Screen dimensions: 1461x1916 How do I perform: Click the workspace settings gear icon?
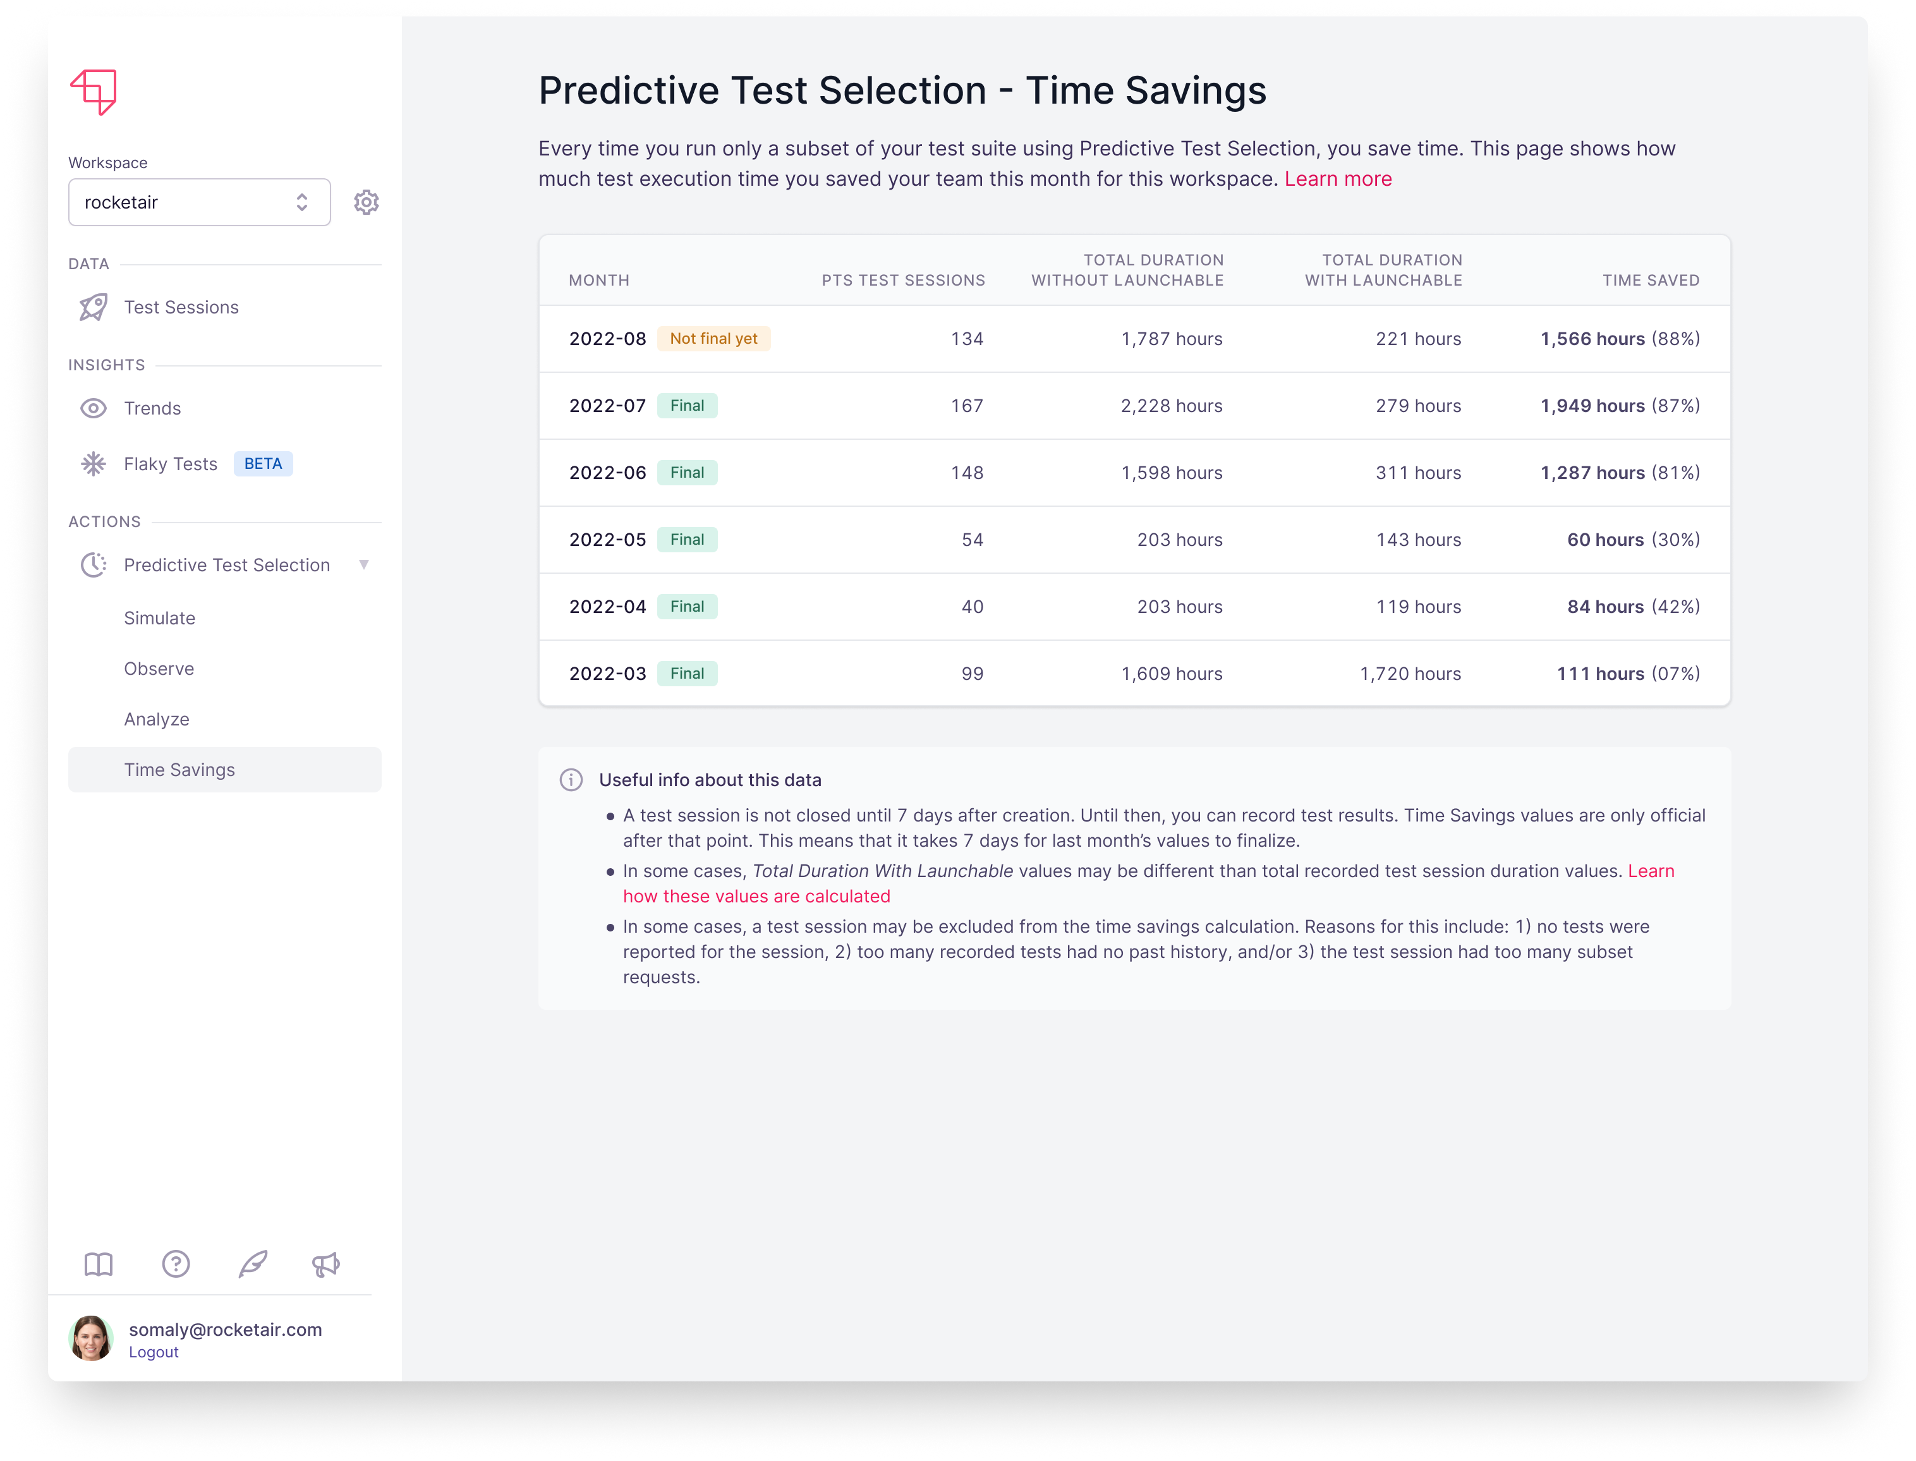(366, 203)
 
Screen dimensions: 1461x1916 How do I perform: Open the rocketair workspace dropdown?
(199, 203)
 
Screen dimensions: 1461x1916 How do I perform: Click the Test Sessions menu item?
(181, 308)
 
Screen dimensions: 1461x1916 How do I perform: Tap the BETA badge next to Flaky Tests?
(263, 464)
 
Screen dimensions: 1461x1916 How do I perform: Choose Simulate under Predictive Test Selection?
(159, 618)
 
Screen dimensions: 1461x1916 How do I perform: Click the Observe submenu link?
(158, 669)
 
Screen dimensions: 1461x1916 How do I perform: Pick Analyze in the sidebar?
(157, 719)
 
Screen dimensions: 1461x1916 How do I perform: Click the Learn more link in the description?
(1338, 179)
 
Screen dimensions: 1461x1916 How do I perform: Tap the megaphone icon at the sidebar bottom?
(326, 1264)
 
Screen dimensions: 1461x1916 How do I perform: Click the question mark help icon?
(176, 1264)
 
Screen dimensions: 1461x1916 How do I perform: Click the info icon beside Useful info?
(571, 780)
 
